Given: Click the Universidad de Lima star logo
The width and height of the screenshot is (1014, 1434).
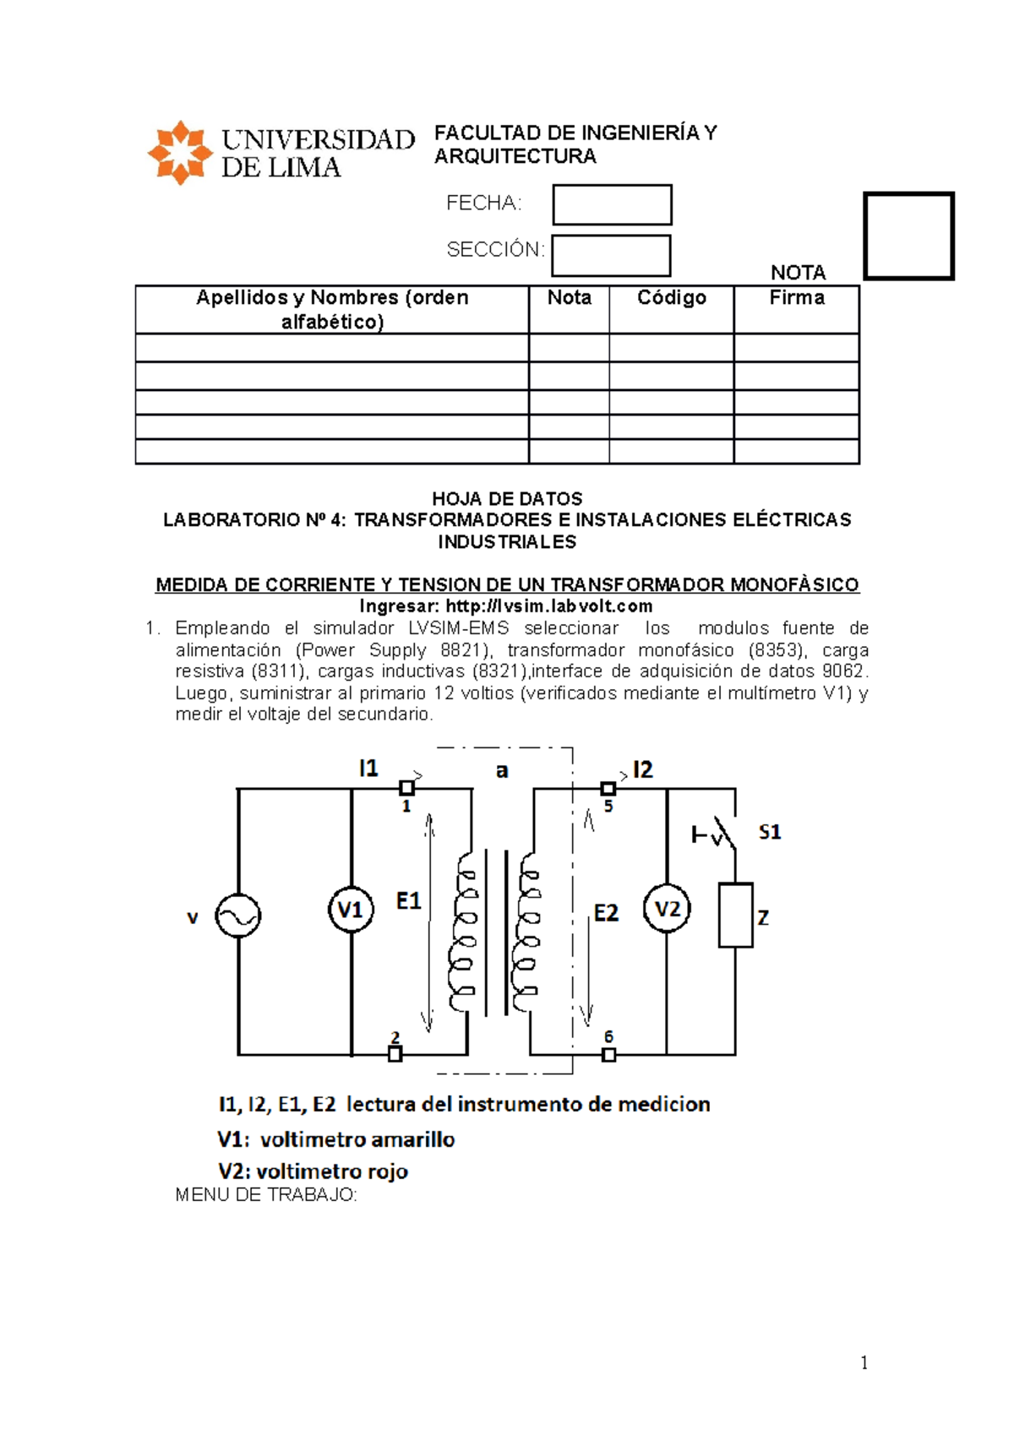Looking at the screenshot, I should (x=179, y=153).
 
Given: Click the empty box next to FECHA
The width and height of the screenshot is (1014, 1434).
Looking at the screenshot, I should (x=612, y=205).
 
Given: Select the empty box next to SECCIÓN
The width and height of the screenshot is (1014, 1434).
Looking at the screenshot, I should (x=611, y=256).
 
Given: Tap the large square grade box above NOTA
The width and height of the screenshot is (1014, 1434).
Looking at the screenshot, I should (x=908, y=236).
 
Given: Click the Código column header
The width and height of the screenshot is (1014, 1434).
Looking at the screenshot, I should (x=671, y=298).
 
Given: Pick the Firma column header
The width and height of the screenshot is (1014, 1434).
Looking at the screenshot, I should (x=796, y=298).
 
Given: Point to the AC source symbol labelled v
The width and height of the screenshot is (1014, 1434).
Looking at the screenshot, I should (x=237, y=916).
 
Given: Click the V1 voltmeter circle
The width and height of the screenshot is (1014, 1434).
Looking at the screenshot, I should (x=351, y=910).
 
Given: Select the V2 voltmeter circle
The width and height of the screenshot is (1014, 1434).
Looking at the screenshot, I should (x=667, y=909).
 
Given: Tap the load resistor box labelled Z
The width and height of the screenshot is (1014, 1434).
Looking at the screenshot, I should (x=735, y=915).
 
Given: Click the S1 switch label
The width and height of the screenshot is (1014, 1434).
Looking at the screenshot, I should (x=770, y=833).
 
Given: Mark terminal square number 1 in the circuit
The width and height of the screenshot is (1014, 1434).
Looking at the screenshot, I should (x=406, y=788).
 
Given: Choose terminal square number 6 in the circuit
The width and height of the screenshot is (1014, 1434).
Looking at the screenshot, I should (x=608, y=1054).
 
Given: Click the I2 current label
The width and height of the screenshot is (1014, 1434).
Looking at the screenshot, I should (x=642, y=769).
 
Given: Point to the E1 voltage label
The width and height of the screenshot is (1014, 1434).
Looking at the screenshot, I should (x=408, y=901).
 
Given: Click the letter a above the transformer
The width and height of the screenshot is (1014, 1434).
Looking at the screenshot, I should (x=502, y=770).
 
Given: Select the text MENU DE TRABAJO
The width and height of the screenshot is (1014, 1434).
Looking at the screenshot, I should (x=266, y=1195).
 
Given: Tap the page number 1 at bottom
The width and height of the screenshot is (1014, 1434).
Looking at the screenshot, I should (x=864, y=1362).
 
